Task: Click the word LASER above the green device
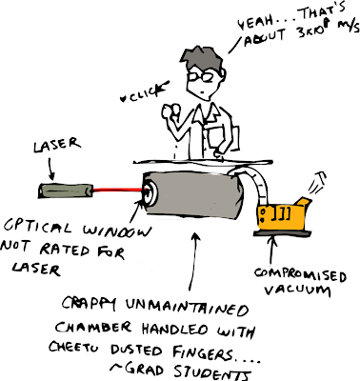[x=57, y=145]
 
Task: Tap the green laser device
[x=66, y=190]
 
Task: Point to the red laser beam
[x=117, y=190]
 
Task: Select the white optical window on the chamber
[x=150, y=192]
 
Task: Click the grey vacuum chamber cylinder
[x=193, y=194]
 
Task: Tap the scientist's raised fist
[x=170, y=111]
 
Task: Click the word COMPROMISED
[x=300, y=275]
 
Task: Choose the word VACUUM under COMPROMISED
[x=297, y=290]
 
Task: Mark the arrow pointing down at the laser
[x=50, y=169]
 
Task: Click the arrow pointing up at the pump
[x=272, y=251]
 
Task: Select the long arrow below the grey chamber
[x=193, y=262]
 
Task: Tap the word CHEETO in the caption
[x=74, y=347]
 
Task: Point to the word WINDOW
[x=116, y=231]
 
